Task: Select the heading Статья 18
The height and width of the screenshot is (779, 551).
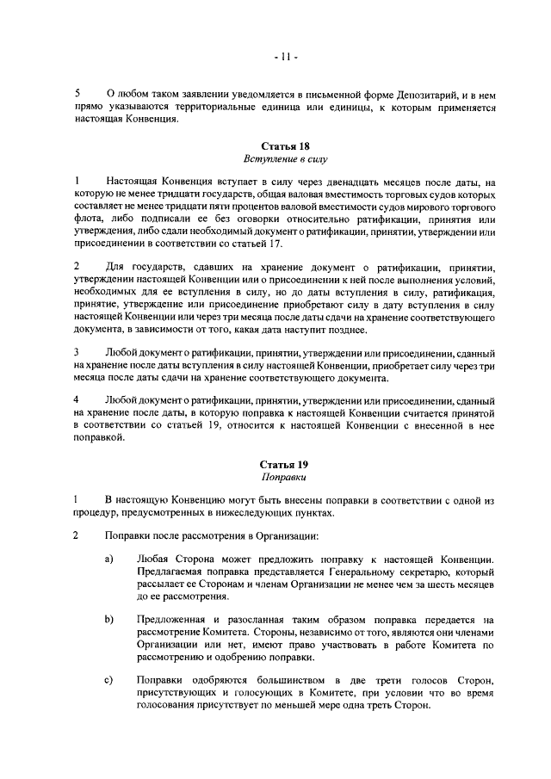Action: pos(284,146)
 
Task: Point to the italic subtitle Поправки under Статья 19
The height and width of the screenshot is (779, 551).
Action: pos(284,475)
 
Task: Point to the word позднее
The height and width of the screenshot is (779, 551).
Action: pos(321,332)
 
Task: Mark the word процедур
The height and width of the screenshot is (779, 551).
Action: pos(96,514)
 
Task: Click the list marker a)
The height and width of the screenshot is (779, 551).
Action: pos(109,560)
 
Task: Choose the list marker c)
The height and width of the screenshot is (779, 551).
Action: pos(109,681)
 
